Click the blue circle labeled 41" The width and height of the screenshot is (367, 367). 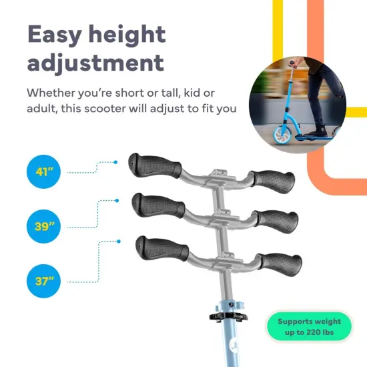pos(45,173)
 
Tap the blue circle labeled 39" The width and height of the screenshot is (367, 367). pos(45,226)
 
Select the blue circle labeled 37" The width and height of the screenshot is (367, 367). pos(45,280)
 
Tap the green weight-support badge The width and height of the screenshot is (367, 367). pos(308,327)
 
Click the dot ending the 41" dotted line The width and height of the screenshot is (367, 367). pos(115,161)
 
